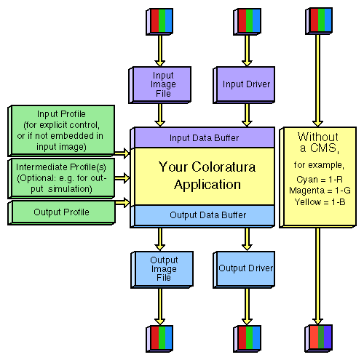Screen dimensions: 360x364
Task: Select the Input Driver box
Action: pos(246,84)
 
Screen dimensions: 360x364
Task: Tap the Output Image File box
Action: pos(163,268)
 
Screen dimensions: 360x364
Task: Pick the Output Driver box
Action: pos(246,268)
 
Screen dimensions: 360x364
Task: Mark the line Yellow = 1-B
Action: pos(317,199)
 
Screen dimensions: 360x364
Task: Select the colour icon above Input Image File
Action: pos(159,21)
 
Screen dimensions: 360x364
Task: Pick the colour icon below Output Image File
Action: pos(159,337)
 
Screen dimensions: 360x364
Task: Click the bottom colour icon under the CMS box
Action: pos(317,337)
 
